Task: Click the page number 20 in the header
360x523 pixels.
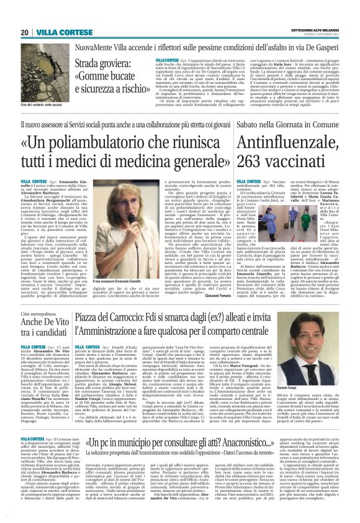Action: coord(24,32)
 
